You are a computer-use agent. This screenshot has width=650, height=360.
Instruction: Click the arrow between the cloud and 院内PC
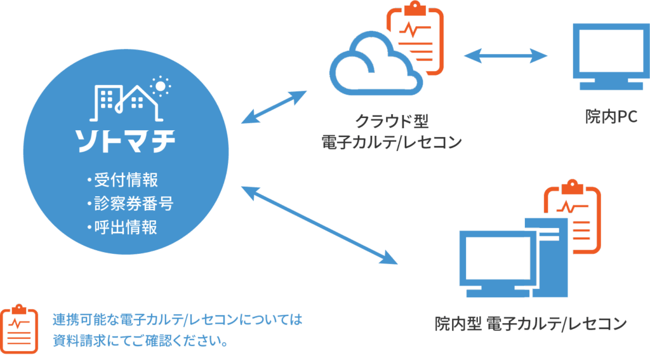point(505,57)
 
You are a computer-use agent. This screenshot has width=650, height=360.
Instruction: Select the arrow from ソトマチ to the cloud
point(274,107)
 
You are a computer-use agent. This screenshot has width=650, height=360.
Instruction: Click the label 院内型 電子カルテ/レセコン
point(531,324)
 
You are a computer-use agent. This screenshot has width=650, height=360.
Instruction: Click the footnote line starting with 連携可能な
point(177,319)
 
